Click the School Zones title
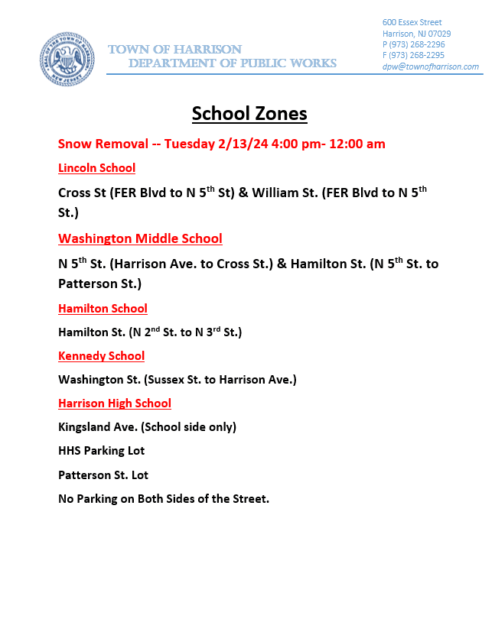pyautogui.click(x=249, y=114)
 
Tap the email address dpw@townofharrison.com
pyautogui.click(x=431, y=66)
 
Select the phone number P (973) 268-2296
pyautogui.click(x=413, y=44)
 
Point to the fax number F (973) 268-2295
pyautogui.click(x=413, y=55)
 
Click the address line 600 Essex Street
pyautogui.click(x=412, y=22)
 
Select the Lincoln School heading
pyautogui.click(x=96, y=168)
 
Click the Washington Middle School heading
pyautogui.click(x=140, y=238)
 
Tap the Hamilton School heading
pyautogui.click(x=103, y=309)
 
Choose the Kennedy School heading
pyautogui.click(x=101, y=356)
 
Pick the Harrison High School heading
pyautogui.click(x=115, y=403)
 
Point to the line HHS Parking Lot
pyautogui.click(x=101, y=451)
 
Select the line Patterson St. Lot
pyautogui.click(x=103, y=475)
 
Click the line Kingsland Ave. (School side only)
pyautogui.click(x=147, y=427)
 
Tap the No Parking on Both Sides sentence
pyautogui.click(x=164, y=499)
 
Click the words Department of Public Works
pyautogui.click(x=232, y=63)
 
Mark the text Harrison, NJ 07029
pyautogui.click(x=417, y=34)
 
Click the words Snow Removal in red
pyautogui.click(x=102, y=144)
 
